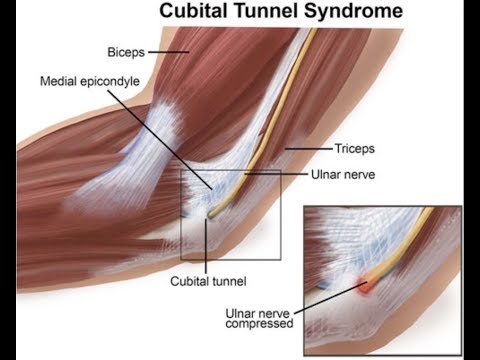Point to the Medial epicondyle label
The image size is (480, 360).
click(x=88, y=80)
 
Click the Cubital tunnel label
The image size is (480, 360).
click(x=207, y=281)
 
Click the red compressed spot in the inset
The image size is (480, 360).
click(x=369, y=286)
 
